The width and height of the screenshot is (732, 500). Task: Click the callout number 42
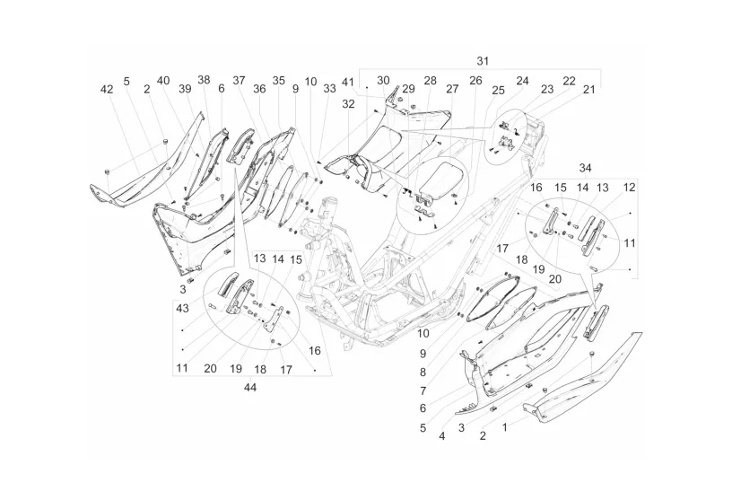(107, 89)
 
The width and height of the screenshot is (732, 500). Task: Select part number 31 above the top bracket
(483, 61)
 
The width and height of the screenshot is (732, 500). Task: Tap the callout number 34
(586, 168)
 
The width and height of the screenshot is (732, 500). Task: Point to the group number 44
(250, 388)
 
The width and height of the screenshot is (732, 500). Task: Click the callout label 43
(182, 309)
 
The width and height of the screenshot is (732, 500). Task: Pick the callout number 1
(504, 426)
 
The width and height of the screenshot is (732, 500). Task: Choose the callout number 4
(441, 436)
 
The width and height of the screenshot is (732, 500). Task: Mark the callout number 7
(423, 390)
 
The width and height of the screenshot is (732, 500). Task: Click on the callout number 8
(423, 373)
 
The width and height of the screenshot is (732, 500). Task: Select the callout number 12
(630, 188)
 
